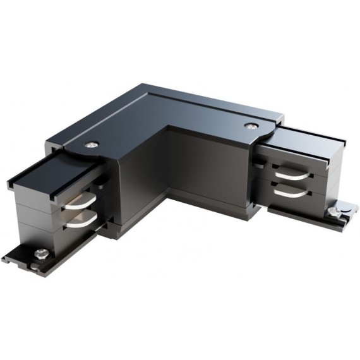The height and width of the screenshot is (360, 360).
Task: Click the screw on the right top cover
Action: tap(252, 126)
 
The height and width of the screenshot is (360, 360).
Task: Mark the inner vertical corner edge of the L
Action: tap(168, 171)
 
